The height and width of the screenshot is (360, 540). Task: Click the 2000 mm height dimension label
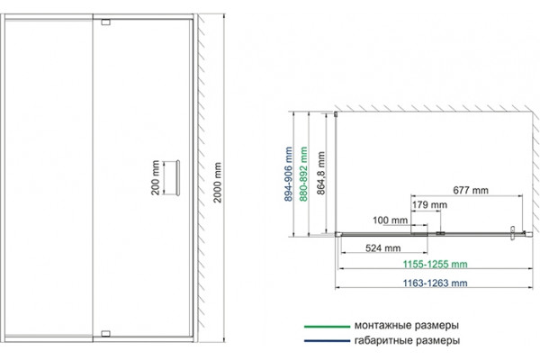(217, 183)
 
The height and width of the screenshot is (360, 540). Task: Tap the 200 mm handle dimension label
(156, 178)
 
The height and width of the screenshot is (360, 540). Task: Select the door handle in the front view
(177, 178)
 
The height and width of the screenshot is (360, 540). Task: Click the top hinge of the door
(105, 22)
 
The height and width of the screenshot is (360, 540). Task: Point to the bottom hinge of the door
(105, 334)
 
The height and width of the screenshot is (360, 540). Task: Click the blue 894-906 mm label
(288, 174)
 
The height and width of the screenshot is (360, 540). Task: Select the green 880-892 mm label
(303, 174)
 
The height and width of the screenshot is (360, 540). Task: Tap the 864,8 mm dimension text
(320, 174)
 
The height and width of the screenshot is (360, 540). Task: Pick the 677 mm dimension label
(471, 190)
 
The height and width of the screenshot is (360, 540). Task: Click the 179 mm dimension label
(430, 205)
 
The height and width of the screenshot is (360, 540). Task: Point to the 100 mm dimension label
(391, 220)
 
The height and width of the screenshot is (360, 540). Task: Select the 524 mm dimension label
(383, 248)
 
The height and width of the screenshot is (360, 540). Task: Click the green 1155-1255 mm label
(436, 265)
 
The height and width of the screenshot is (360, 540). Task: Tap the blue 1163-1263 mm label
(436, 283)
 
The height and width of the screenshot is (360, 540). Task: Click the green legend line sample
(328, 326)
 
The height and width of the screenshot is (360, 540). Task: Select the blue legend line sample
(328, 341)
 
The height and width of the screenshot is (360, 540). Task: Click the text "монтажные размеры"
(407, 326)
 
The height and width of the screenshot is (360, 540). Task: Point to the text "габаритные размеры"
(407, 341)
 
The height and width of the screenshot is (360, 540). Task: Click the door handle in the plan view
(512, 232)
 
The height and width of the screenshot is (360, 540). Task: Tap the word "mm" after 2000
(217, 169)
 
